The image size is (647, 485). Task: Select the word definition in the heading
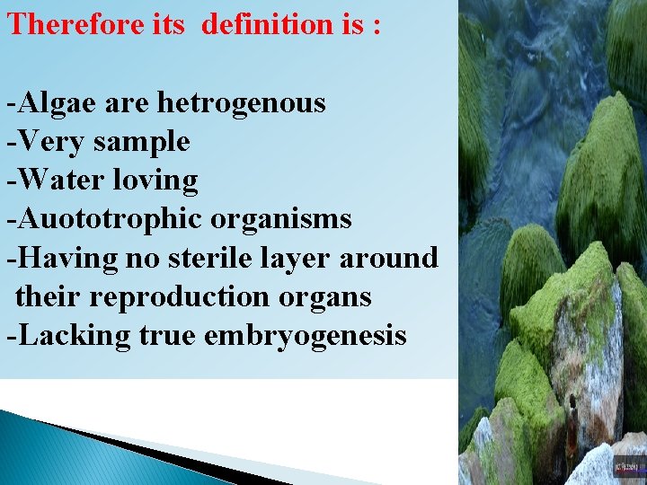coord(265,24)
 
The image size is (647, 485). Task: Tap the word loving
coord(155,181)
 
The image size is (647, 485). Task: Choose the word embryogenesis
coord(306,336)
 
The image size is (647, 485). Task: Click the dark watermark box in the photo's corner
coord(626,466)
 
